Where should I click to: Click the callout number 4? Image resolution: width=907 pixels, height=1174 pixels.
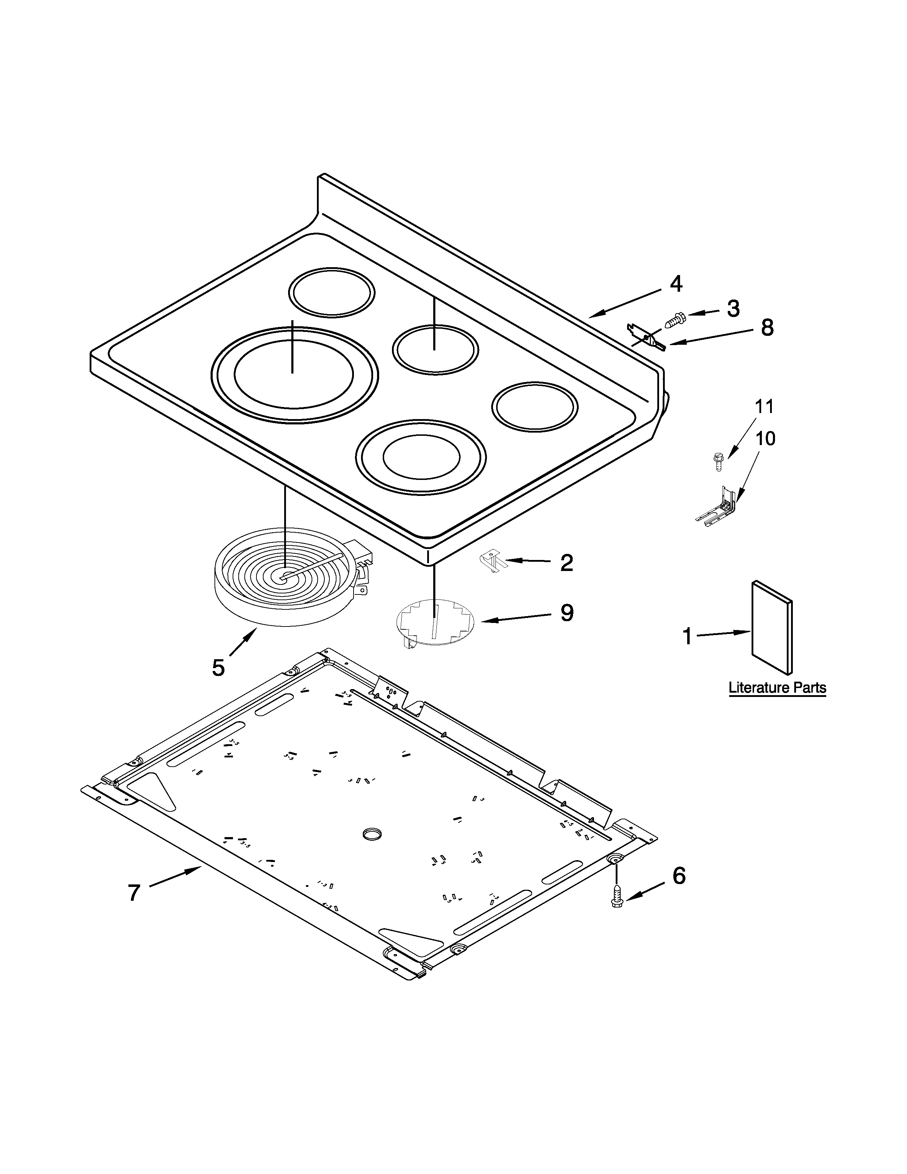pyautogui.click(x=676, y=284)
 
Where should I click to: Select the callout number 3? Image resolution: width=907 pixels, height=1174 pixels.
pyautogui.click(x=733, y=308)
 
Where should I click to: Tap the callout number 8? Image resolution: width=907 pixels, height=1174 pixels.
pyautogui.click(x=767, y=327)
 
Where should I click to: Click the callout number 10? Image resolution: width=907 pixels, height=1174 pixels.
pyautogui.click(x=765, y=438)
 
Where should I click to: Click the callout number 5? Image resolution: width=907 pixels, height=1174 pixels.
pyautogui.click(x=218, y=668)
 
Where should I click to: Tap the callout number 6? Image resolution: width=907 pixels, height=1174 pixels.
pyautogui.click(x=679, y=876)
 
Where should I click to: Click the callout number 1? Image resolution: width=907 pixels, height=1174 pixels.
pyautogui.click(x=687, y=636)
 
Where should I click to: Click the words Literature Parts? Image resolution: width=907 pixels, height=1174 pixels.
pyautogui.click(x=777, y=688)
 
